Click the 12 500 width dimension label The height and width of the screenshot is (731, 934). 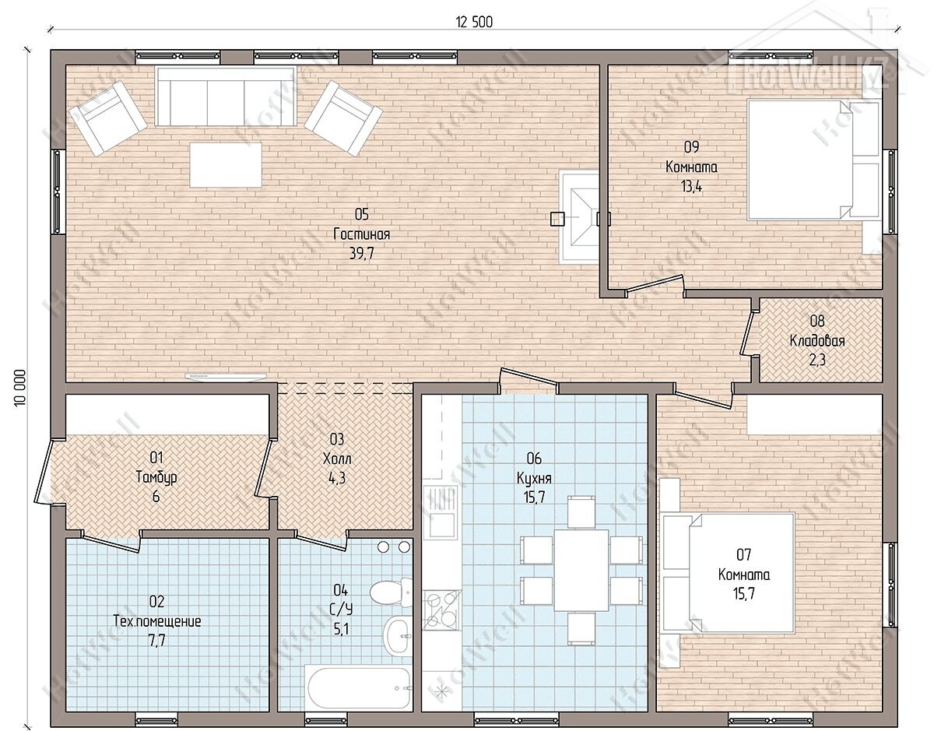(474, 22)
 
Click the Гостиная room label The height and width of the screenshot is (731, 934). (362, 234)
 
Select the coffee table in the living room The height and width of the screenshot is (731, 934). (226, 165)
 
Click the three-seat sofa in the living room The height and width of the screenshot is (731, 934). (225, 97)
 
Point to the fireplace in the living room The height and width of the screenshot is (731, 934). (579, 216)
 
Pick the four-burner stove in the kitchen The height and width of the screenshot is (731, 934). (441, 610)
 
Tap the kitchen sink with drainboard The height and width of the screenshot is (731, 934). (440, 511)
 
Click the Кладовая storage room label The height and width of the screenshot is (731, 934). (817, 341)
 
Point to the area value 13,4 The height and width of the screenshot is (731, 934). (692, 187)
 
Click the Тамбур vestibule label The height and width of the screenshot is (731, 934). (156, 477)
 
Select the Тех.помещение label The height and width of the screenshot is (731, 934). (157, 621)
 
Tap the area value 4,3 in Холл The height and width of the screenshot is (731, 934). (337, 478)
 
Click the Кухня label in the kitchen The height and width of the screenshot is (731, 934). (534, 478)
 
